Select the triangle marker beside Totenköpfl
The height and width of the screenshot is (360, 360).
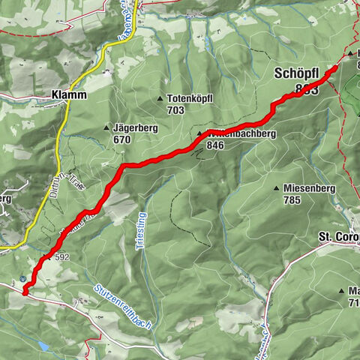point(160,98)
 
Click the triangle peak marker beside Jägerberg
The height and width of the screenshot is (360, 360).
point(106,128)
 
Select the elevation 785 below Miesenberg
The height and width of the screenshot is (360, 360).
point(294,199)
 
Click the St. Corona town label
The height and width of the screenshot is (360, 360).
point(338,238)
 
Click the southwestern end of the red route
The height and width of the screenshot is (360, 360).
point(25,293)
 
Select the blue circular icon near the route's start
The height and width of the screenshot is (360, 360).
point(24,279)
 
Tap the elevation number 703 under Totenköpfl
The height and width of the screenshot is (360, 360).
point(176,109)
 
